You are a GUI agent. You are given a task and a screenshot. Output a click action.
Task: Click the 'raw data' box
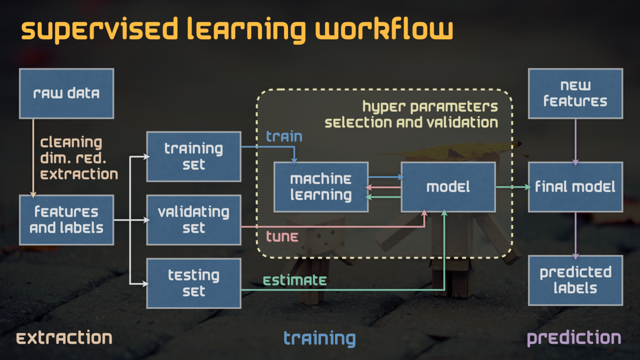pyautogui.click(x=66, y=93)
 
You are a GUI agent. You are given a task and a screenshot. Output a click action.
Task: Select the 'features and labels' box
pyautogui.click(x=66, y=220)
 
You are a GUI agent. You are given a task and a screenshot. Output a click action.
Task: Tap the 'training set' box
pyautogui.click(x=193, y=156)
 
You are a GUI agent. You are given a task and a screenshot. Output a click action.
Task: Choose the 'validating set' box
pyautogui.click(x=193, y=220)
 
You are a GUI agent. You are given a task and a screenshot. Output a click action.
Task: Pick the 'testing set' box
pyautogui.click(x=193, y=283)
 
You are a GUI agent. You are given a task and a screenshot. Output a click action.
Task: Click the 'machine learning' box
pyautogui.click(x=321, y=187)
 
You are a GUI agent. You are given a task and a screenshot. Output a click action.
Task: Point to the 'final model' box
pyautogui.click(x=575, y=187)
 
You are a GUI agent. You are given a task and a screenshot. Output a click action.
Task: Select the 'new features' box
pyautogui.click(x=575, y=93)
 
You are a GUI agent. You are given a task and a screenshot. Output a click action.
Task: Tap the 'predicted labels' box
pyautogui.click(x=575, y=280)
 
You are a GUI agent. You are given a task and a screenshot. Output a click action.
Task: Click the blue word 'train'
pyautogui.click(x=284, y=136)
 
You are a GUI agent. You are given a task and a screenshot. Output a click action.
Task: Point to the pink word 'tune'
pyautogui.click(x=282, y=236)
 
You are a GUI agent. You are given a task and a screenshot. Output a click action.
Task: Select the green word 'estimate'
pyautogui.click(x=295, y=280)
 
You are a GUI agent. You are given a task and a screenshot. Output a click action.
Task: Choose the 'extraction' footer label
pyautogui.click(x=64, y=338)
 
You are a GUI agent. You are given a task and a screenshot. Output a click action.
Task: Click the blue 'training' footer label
pyautogui.click(x=319, y=338)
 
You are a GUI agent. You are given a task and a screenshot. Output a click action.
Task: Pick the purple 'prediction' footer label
pyautogui.click(x=574, y=338)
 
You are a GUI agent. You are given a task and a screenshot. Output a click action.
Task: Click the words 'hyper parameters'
pyautogui.click(x=430, y=106)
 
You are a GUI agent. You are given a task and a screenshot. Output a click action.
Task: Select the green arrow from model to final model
pyautogui.click(x=512, y=187)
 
